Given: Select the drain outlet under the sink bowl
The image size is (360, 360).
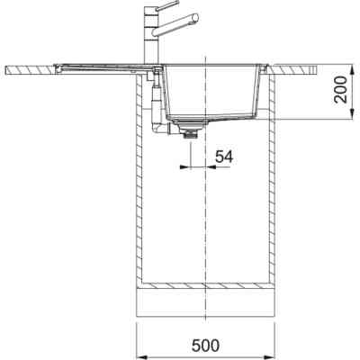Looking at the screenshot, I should pyautogui.click(x=189, y=133).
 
